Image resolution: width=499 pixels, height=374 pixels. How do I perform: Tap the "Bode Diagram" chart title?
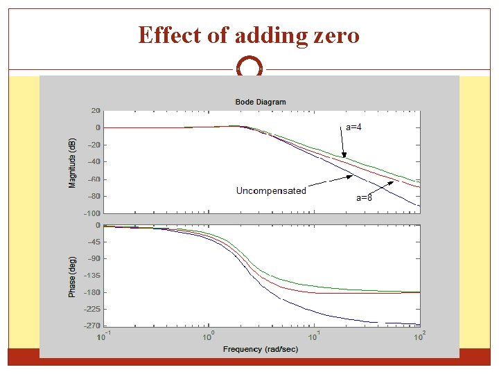[x=261, y=102]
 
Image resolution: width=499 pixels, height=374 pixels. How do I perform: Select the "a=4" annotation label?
[x=354, y=127]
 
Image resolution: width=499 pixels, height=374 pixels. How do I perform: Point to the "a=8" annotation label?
[x=364, y=197]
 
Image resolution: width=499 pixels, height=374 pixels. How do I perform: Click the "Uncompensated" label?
[x=271, y=190]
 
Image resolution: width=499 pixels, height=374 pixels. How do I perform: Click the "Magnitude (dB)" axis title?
[x=72, y=162]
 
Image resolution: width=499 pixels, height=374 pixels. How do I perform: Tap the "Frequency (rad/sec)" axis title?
[x=261, y=349]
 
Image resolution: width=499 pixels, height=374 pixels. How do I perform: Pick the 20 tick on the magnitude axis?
[x=95, y=111]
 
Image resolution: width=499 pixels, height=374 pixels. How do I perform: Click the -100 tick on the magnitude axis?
[x=92, y=213]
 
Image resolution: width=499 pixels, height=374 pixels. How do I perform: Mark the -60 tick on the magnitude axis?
[x=94, y=179]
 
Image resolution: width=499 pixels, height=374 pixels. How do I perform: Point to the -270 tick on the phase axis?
[x=92, y=326]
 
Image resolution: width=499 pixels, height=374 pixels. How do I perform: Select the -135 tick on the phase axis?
[x=92, y=276]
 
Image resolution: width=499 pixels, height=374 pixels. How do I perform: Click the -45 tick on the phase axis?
[x=94, y=242]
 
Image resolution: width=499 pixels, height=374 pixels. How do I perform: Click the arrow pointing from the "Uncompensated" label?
[x=329, y=182]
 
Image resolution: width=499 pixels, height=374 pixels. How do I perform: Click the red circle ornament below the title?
[x=249, y=69]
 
